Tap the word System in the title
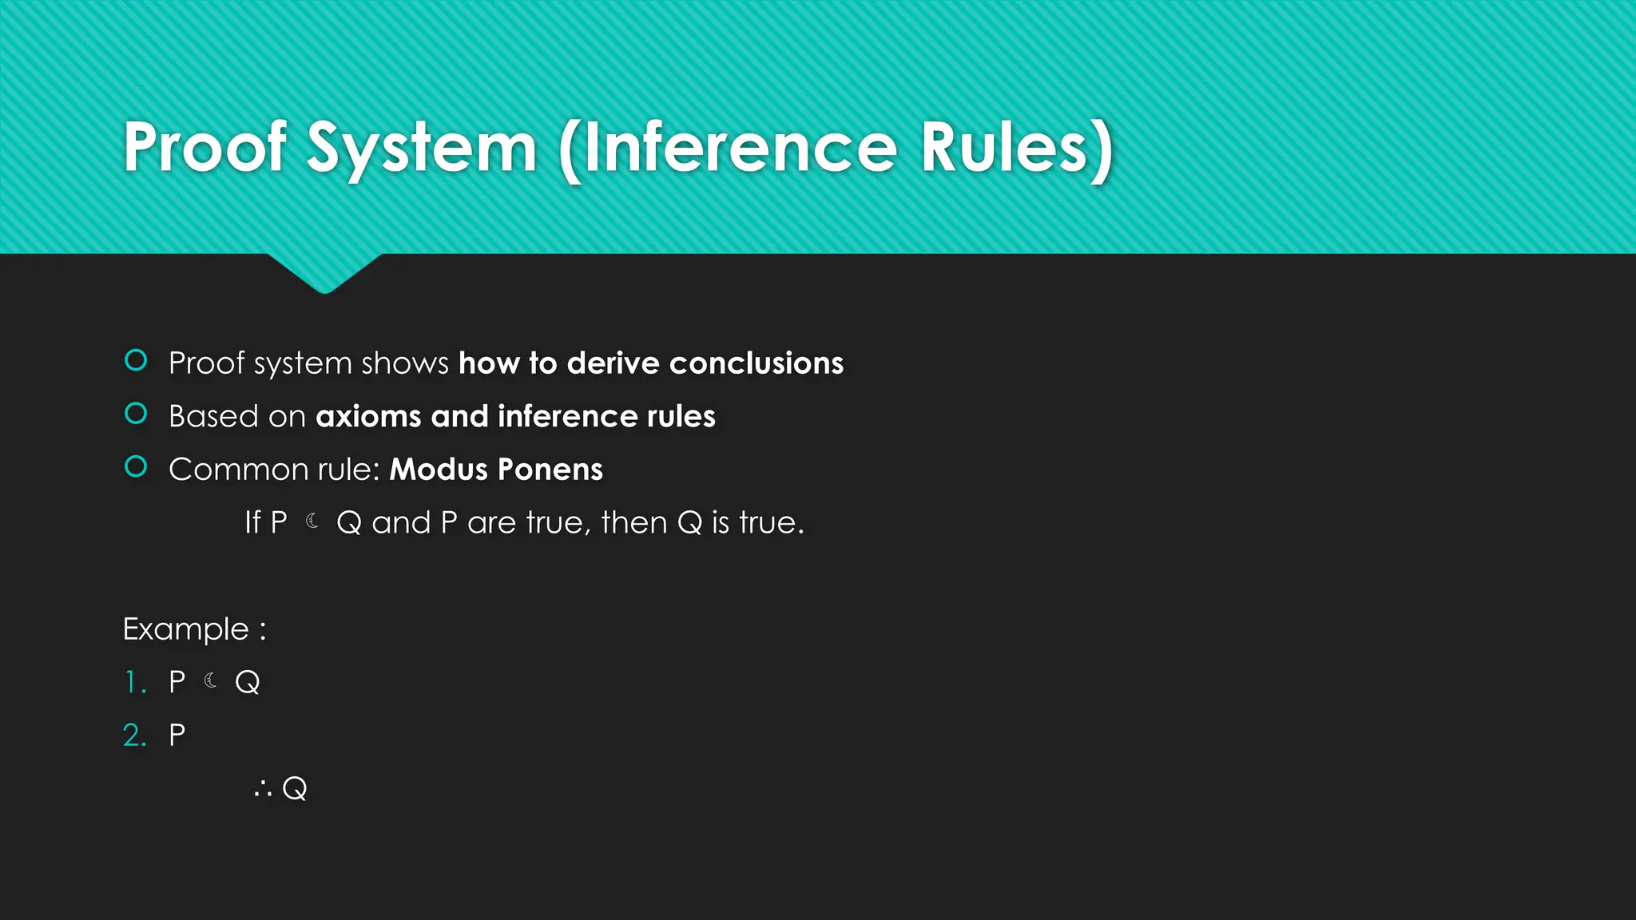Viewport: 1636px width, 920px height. [421, 149]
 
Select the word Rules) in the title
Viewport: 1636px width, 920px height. [1016, 149]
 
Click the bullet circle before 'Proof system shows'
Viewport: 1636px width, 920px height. [136, 361]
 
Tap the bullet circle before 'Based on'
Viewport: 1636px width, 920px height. [136, 414]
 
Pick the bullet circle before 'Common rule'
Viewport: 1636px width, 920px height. [136, 466]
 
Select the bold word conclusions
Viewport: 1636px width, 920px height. [756, 363]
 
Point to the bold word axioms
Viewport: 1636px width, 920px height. [368, 416]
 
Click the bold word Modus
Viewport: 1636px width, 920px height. [438, 469]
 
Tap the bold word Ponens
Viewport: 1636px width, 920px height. [550, 469]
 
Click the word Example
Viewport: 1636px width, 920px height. [185, 629]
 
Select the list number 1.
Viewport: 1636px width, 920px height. [133, 682]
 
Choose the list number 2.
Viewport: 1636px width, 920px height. [133, 735]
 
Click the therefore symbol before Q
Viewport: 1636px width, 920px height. [263, 790]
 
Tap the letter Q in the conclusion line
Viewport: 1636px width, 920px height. [295, 788]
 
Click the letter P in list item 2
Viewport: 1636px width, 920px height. [177, 735]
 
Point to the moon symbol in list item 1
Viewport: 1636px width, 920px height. [211, 680]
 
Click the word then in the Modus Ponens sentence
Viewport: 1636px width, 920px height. [633, 522]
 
